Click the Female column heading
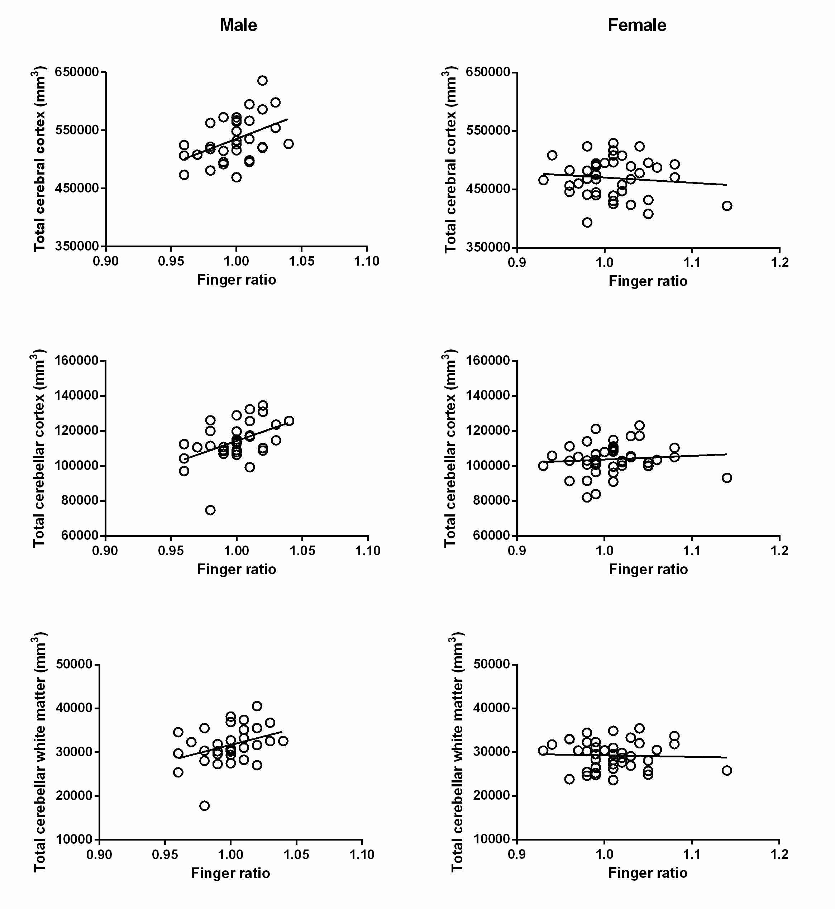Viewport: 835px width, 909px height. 636,25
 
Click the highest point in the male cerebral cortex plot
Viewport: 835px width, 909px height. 263,80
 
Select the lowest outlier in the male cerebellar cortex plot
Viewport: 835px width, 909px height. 210,510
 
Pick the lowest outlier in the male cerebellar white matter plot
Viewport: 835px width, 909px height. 204,805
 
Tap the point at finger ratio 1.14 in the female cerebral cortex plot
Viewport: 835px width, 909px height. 726,206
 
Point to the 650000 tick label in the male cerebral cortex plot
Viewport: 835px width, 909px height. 77,72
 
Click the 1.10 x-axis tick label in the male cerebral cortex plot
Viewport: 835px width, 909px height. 367,261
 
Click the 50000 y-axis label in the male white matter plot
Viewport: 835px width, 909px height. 74,664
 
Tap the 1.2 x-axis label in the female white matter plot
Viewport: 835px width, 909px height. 779,854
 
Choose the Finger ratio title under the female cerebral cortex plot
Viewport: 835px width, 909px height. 648,281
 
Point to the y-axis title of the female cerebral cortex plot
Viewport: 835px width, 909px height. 450,160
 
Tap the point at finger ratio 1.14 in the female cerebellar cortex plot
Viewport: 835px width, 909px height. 726,478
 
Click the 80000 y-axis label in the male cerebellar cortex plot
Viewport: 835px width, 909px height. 80,500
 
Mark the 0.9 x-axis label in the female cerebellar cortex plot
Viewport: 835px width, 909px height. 516,551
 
